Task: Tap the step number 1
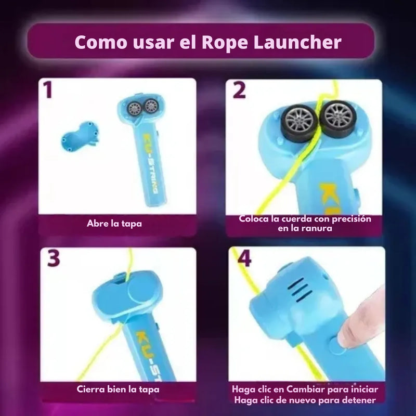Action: click(48, 89)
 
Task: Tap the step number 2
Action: click(239, 89)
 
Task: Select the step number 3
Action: click(54, 258)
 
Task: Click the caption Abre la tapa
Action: click(114, 224)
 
